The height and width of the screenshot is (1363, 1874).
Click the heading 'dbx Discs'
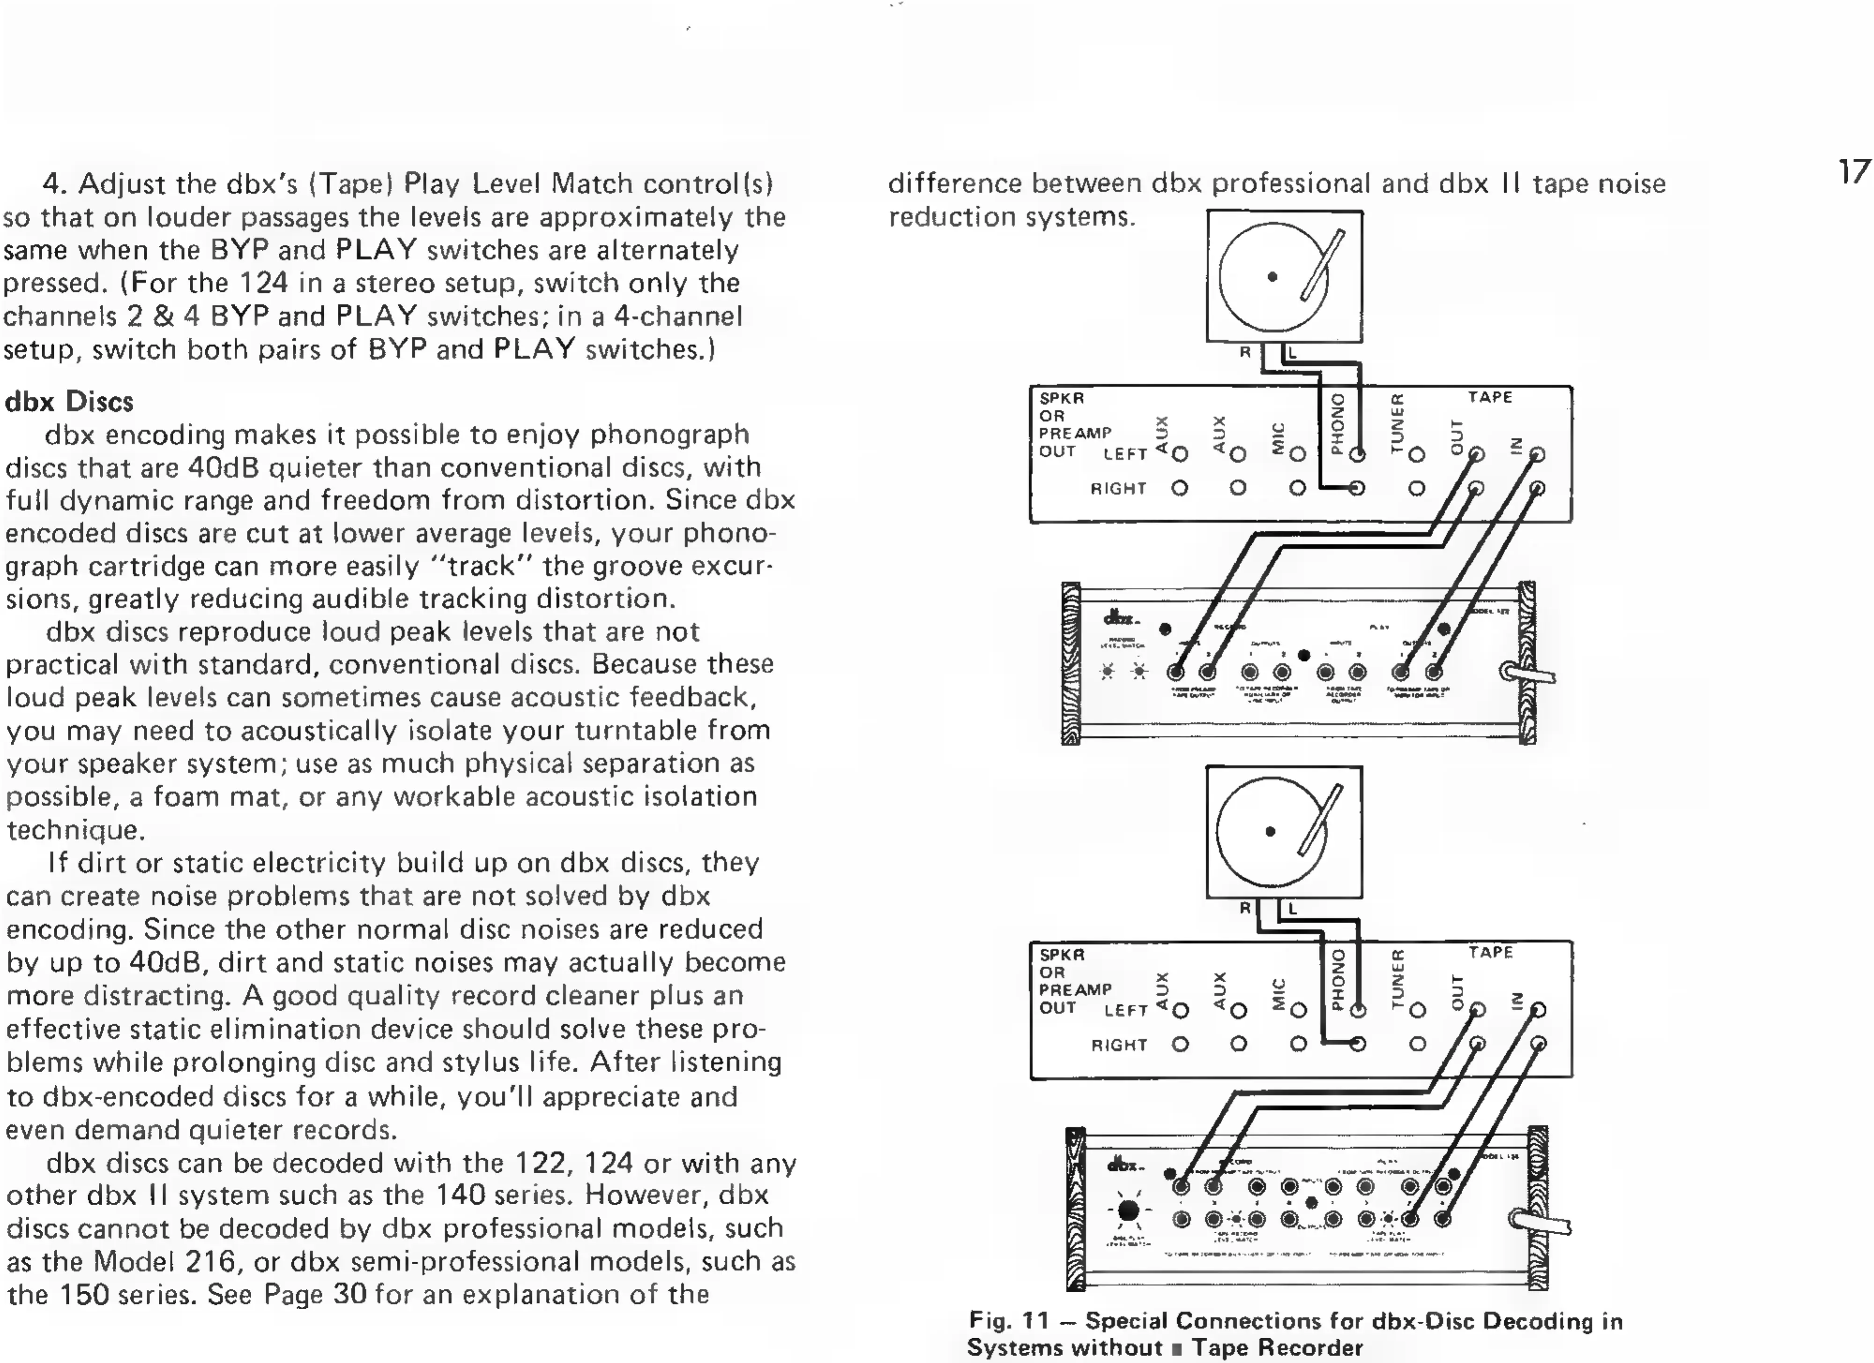pyautogui.click(x=69, y=402)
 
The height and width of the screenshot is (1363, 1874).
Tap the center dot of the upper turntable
pyautogui.click(x=1272, y=277)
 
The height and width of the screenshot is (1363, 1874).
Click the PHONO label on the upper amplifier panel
pyautogui.click(x=1338, y=424)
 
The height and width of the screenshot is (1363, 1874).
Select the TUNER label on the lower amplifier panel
pyautogui.click(x=1397, y=979)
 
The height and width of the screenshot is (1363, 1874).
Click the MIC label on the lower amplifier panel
pyautogui.click(x=1278, y=994)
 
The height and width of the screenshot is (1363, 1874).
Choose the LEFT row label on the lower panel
pyautogui.click(x=1125, y=1010)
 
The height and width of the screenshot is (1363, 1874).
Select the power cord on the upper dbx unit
pyautogui.click(x=1529, y=673)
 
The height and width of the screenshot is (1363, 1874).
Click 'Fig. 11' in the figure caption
pyautogui.click(x=1008, y=1321)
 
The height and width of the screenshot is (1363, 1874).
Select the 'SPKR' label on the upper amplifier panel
pyautogui.click(x=1062, y=398)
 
